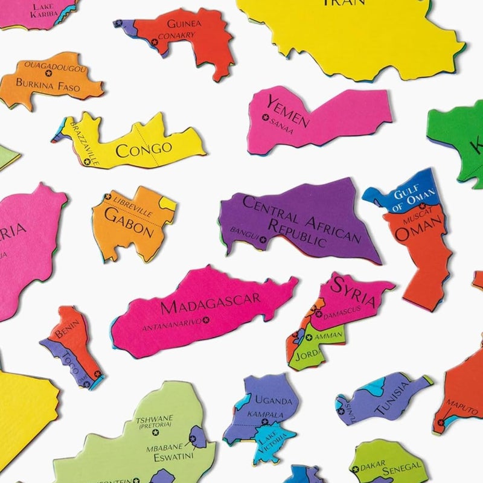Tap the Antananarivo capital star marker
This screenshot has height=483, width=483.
(x=206, y=320)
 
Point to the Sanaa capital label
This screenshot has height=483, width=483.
(x=281, y=126)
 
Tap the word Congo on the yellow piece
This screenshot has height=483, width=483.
(x=144, y=149)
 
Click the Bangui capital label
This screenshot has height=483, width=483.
(x=240, y=232)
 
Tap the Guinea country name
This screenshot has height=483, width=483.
(x=184, y=24)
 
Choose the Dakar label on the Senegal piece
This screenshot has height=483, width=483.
(x=373, y=466)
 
